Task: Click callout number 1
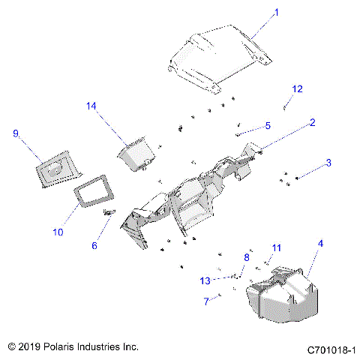254,12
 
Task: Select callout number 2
312,121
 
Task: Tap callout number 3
328,163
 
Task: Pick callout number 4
320,244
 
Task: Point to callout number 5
266,125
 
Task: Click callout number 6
94,245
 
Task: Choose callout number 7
206,301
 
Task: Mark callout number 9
15,133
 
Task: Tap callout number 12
297,89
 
